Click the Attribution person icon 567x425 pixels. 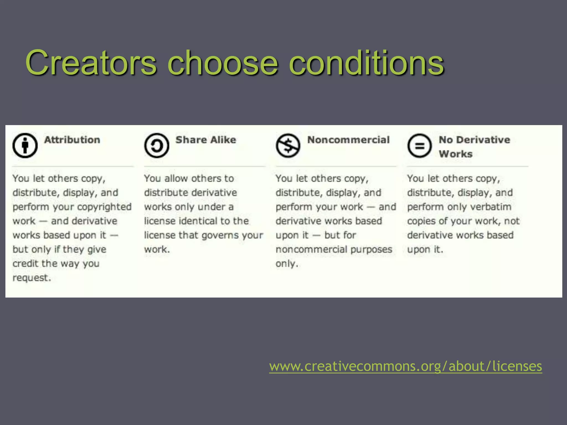pos(25,146)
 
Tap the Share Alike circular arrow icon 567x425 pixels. pos(156,146)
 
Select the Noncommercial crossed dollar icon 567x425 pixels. pos(288,146)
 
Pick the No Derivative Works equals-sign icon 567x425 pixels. pos(419,146)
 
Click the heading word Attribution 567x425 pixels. pos(72,140)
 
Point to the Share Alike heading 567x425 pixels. pos(206,140)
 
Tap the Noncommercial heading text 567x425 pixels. pos(348,140)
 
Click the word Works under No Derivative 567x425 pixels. pos(456,154)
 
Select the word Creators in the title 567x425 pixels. pos(91,63)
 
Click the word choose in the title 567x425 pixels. pos(223,63)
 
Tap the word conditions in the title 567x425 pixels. pos(367,63)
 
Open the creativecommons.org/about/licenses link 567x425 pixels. pos(406,366)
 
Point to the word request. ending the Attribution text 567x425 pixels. pos(32,278)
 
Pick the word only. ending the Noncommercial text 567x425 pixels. pos(287,264)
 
